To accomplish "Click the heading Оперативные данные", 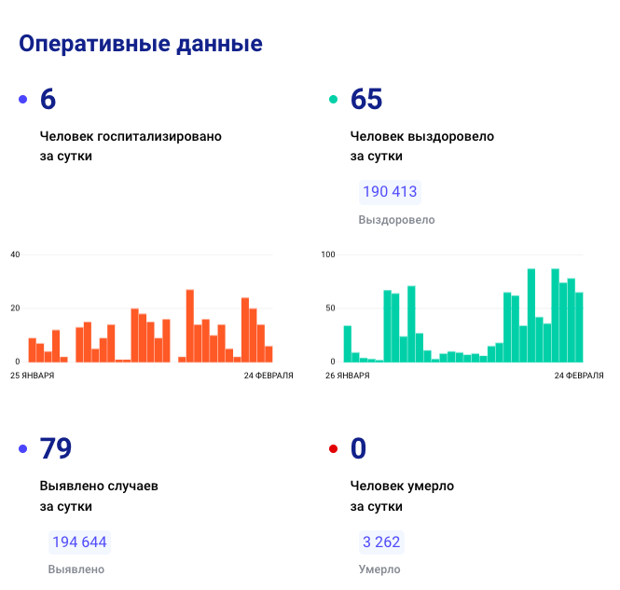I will pyautogui.click(x=140, y=44).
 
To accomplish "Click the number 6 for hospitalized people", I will pyautogui.click(x=48, y=99).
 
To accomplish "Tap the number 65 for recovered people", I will pyautogui.click(x=366, y=99).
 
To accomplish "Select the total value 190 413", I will pyautogui.click(x=391, y=192).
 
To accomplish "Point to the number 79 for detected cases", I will pyautogui.click(x=56, y=449).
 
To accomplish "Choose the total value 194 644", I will pyautogui.click(x=79, y=542).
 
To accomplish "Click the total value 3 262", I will pyautogui.click(x=382, y=542).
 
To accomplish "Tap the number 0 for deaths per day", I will pyautogui.click(x=359, y=449).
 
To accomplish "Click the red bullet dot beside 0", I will pyautogui.click(x=333, y=450).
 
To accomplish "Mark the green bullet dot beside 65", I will pyautogui.click(x=333, y=100).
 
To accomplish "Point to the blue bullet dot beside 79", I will pyautogui.click(x=23, y=450).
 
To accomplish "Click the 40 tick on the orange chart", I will pyautogui.click(x=15, y=254).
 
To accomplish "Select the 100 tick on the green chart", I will pyautogui.click(x=327, y=254).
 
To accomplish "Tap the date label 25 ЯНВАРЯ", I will pyautogui.click(x=32, y=376).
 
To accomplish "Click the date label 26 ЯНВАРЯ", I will pyautogui.click(x=348, y=376).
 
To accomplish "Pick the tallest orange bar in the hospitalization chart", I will pyautogui.click(x=189, y=326).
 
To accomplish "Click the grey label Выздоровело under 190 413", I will pyautogui.click(x=396, y=220).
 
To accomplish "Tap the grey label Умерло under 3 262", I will pyautogui.click(x=379, y=569).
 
